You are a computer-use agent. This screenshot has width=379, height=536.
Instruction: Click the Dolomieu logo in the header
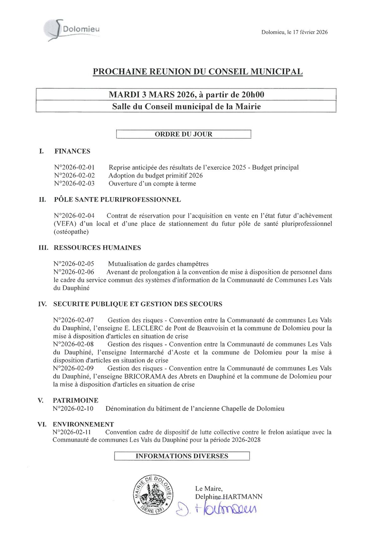72,30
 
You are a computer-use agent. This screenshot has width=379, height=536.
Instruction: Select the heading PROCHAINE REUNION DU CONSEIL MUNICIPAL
198,72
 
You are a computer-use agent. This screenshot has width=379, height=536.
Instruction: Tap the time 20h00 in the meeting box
253,95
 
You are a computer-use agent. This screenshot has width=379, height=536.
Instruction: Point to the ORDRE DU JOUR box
183,134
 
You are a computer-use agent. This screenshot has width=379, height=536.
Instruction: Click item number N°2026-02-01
74,167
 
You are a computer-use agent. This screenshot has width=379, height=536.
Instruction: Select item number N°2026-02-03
74,184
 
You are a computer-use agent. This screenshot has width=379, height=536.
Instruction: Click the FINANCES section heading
72,151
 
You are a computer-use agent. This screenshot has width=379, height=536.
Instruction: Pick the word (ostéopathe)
71,232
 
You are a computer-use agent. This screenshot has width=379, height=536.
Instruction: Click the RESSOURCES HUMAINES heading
97,248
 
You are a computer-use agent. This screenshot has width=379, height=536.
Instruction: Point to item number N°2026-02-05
74,264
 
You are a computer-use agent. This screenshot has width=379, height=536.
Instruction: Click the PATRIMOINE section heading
75,400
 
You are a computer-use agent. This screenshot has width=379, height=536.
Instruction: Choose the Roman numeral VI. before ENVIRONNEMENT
42,425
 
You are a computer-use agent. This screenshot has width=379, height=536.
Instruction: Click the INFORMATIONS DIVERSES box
182,456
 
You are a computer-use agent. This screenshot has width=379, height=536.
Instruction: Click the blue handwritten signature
216,508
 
